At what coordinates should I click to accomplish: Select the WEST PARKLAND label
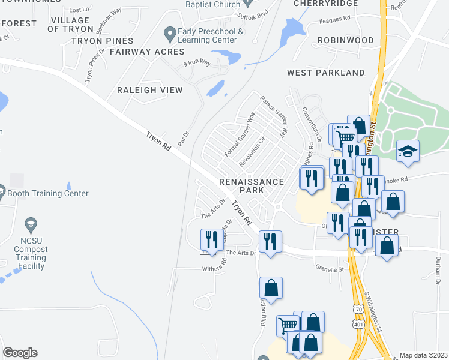[325, 73]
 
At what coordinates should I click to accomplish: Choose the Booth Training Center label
[47, 194]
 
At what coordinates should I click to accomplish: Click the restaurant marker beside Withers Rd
[211, 240]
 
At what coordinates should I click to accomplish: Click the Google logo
[20, 353]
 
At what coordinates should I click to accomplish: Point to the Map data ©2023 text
[423, 355]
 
